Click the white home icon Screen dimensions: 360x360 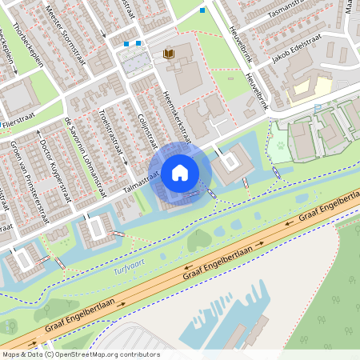[x=180, y=171]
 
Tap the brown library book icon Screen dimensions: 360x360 [x=168, y=54]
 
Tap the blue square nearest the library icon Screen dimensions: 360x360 [x=139, y=43]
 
